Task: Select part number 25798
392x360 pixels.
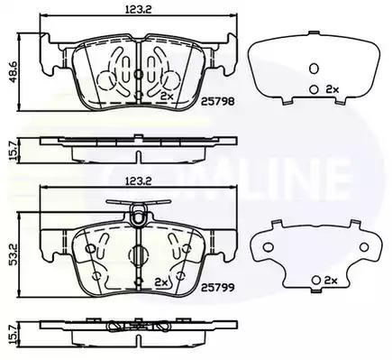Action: [217, 101]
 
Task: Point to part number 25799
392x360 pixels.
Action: [217, 288]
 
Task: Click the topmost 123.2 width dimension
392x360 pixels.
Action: [139, 9]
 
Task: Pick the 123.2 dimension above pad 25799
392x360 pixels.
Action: [139, 181]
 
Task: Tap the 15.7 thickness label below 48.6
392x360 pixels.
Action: [13, 151]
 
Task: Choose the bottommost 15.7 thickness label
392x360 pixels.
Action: [13, 333]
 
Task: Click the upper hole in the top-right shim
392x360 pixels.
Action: [314, 69]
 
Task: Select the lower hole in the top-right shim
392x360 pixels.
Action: [314, 89]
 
